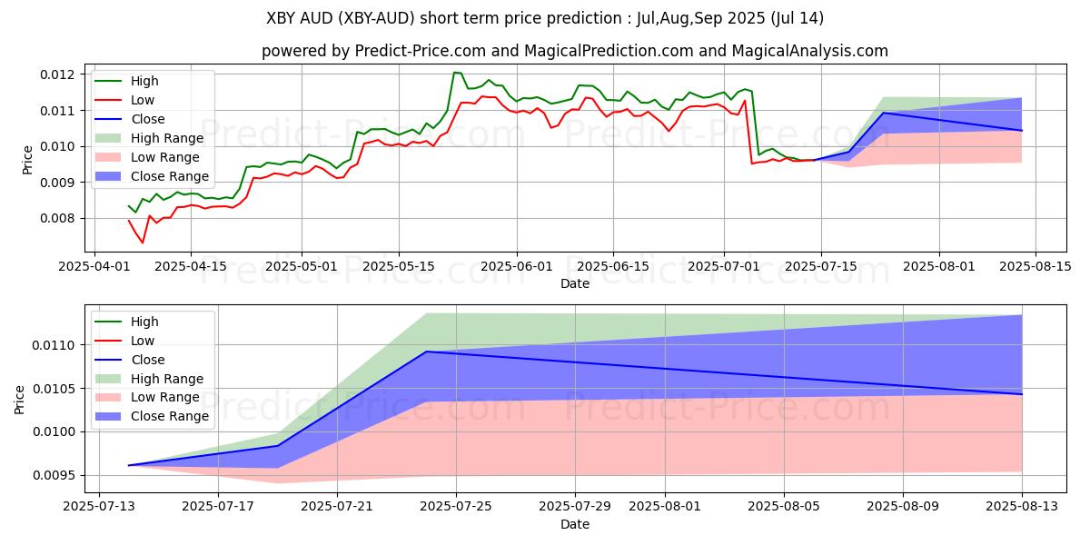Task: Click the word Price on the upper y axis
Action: click(28, 160)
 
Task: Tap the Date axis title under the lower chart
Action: click(574, 524)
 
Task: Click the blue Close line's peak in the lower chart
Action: click(427, 352)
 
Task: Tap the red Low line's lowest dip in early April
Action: click(142, 243)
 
